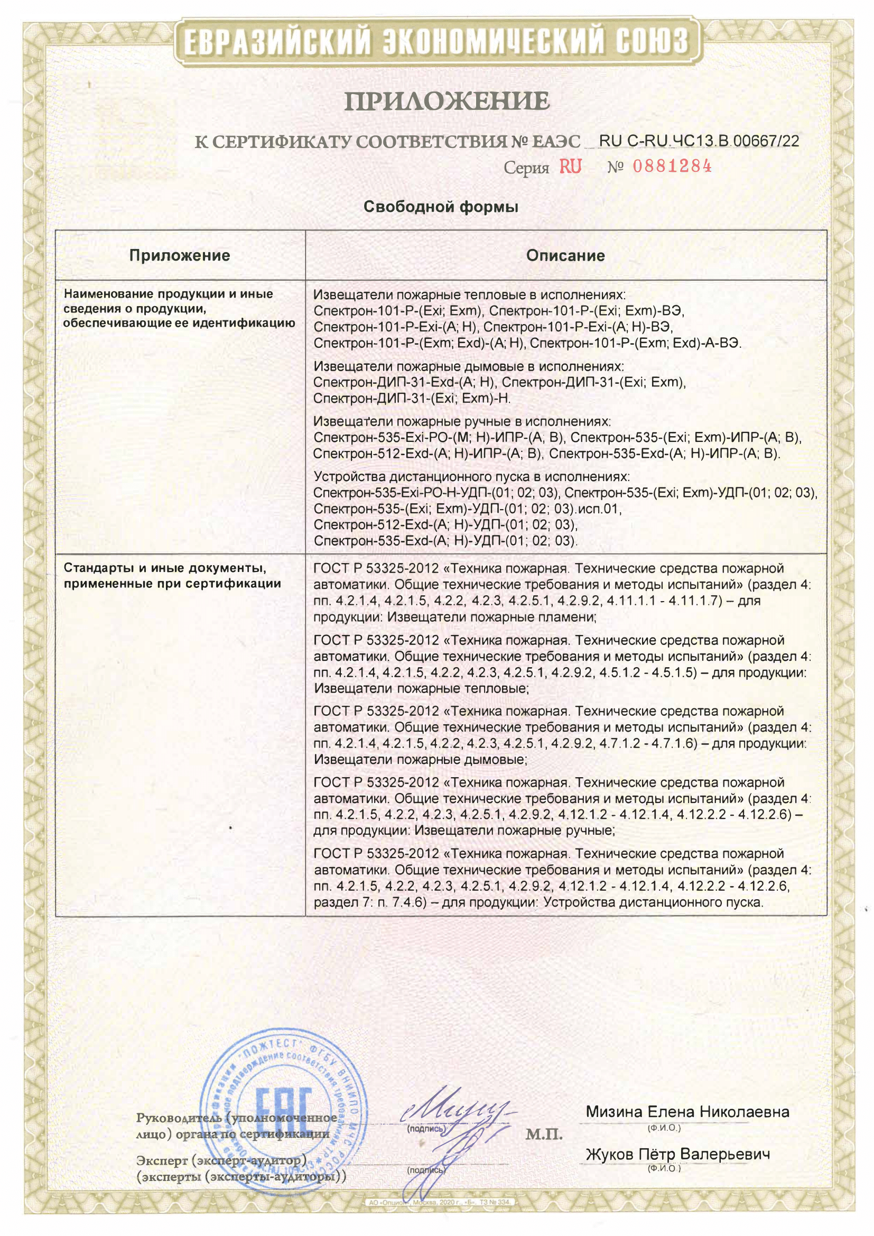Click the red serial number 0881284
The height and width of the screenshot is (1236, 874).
coord(672,167)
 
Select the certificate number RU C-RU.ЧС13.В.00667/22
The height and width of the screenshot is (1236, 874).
coord(699,141)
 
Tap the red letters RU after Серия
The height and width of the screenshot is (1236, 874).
coord(571,167)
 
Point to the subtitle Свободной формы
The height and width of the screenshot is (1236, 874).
coord(441,207)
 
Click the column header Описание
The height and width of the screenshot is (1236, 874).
coord(565,255)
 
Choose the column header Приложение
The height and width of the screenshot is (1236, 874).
coord(179,255)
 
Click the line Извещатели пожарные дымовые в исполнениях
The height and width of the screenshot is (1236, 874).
coord(468,366)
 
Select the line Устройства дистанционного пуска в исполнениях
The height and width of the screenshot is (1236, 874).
coord(471,476)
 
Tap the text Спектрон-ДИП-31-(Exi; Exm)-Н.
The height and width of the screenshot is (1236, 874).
coord(412,399)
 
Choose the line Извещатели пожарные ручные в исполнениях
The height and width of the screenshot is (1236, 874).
coord(462,421)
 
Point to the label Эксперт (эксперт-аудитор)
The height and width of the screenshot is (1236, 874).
coord(221,1160)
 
